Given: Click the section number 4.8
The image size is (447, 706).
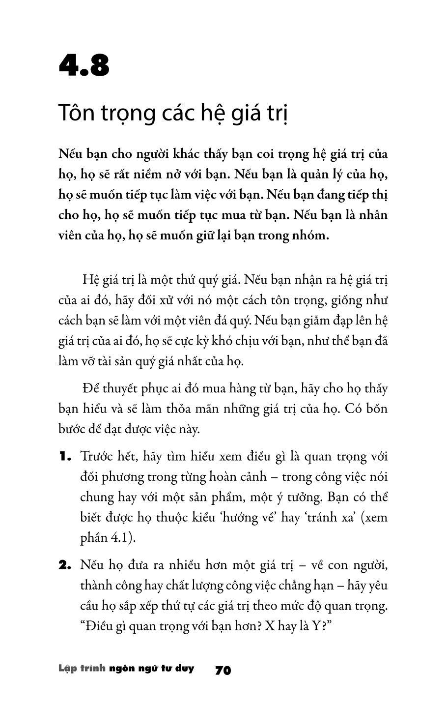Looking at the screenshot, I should [84, 65].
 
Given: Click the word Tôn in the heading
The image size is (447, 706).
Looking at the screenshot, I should [77, 113].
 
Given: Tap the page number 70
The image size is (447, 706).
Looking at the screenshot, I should [223, 670].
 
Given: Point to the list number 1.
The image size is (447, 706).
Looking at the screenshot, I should [65, 457].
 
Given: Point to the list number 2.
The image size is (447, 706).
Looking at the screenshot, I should [65, 566].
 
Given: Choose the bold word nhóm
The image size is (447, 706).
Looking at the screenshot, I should [311, 235].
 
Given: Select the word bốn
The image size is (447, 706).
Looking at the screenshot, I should [376, 409].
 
